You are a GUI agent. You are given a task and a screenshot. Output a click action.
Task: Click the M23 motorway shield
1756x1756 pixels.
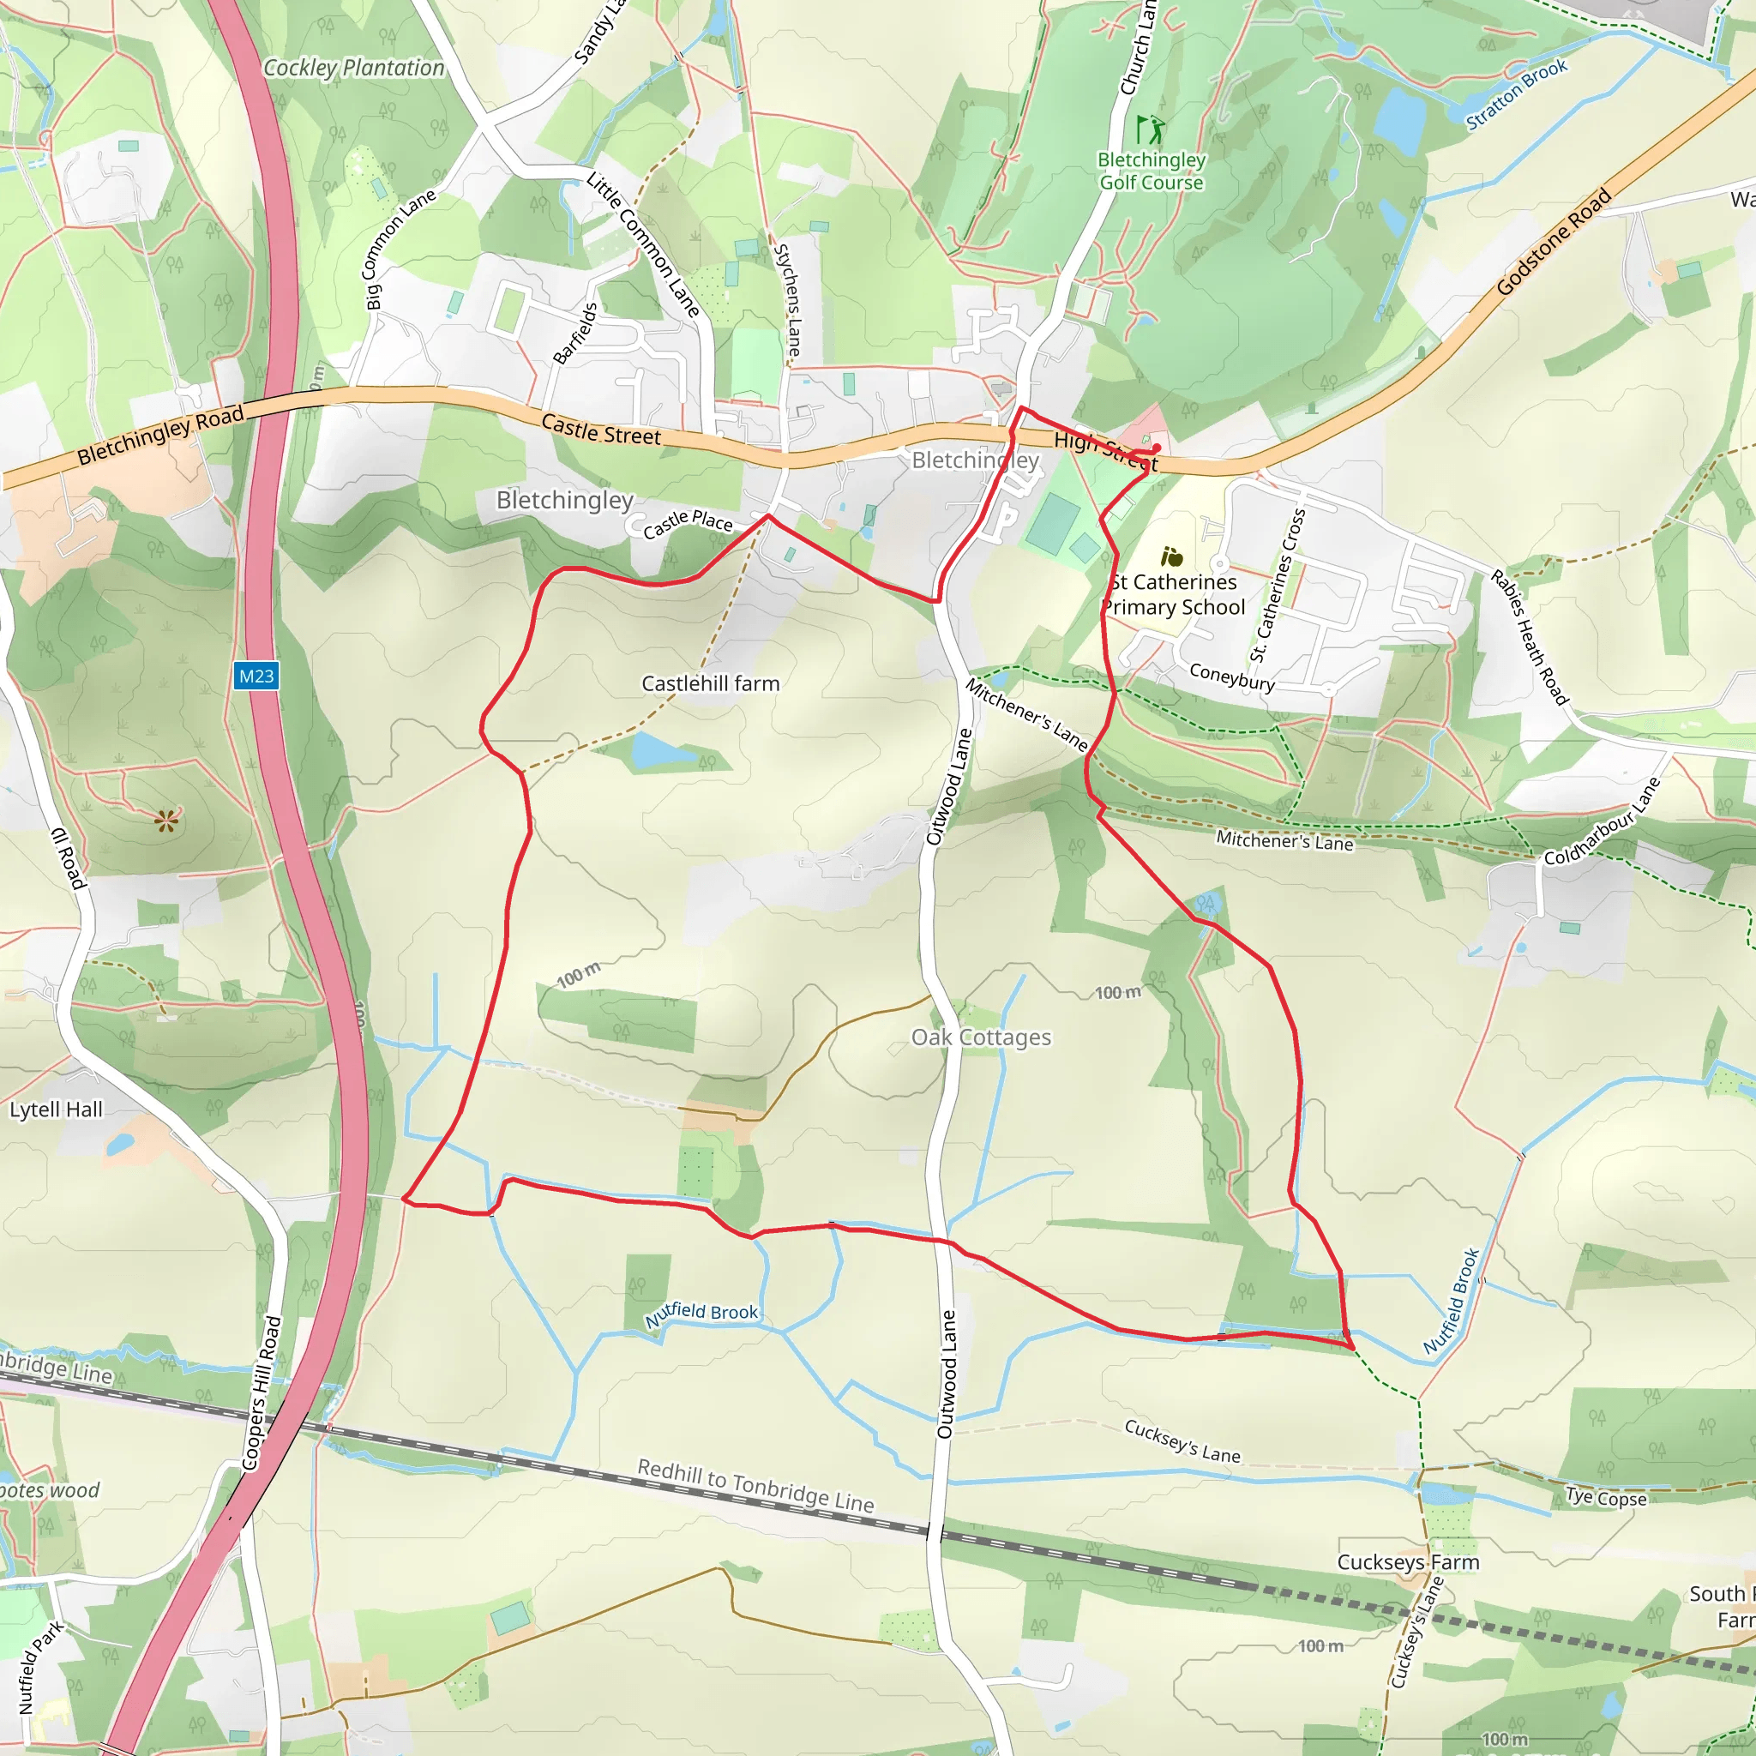coord(256,677)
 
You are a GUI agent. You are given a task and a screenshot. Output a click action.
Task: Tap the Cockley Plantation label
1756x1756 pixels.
coord(353,69)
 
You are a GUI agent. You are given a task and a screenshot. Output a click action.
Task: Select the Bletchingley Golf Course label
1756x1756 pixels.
coord(1151,171)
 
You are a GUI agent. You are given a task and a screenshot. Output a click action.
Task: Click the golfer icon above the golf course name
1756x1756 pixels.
coord(1150,129)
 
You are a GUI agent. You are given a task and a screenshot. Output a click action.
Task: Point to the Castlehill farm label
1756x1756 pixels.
coord(710,683)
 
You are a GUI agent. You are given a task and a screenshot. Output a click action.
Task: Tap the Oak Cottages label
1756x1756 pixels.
coord(981,1037)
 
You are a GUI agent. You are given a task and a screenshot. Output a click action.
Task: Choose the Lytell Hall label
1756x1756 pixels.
coord(57,1110)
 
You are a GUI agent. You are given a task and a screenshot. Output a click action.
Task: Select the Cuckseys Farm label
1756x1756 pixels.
coord(1408,1561)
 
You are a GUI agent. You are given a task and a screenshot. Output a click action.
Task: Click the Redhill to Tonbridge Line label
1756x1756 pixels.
coord(755,1485)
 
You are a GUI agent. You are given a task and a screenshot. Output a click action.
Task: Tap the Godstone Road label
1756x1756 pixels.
coord(1554,242)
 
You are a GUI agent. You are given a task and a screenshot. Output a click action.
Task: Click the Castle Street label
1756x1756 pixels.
coord(601,429)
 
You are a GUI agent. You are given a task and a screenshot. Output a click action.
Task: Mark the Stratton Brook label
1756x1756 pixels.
coord(1516,94)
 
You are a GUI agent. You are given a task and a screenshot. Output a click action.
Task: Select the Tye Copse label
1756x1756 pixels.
coord(1605,1498)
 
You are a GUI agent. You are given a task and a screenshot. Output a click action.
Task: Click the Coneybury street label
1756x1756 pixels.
coord(1231,677)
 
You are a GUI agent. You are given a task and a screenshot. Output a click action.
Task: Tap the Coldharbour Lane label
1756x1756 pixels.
coord(1603,821)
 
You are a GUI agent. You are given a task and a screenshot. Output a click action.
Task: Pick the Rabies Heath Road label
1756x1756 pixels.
coord(1530,638)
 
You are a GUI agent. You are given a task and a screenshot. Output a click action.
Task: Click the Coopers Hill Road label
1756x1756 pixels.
coord(261,1392)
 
